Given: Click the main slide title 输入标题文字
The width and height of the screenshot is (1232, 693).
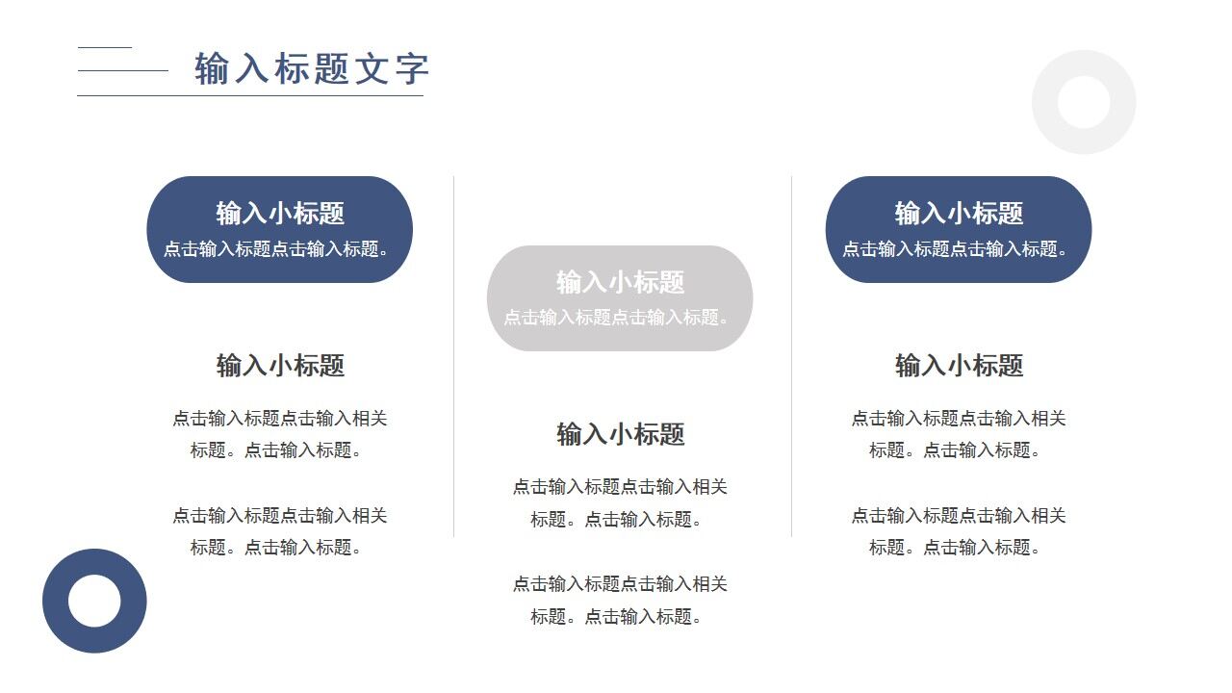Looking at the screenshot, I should coord(312,69).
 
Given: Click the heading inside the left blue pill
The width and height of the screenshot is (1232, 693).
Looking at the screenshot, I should coord(280,213).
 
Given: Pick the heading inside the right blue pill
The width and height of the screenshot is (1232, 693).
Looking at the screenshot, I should coord(959,213).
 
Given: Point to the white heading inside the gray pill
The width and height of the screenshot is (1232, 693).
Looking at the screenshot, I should coord(620,282).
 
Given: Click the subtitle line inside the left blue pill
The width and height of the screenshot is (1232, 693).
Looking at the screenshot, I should coord(279,249).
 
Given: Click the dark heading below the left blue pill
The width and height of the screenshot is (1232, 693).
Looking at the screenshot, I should coord(280,366).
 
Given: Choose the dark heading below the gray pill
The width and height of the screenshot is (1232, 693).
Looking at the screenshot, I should coord(620,434).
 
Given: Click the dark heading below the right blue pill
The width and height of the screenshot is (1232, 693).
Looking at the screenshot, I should coord(959,366).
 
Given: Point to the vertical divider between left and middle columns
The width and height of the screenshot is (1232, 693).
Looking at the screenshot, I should coord(454,356).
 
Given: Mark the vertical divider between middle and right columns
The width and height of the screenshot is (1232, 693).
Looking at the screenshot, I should coord(792,356).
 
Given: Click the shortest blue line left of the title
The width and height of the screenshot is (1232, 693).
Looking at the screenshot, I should coord(104,47).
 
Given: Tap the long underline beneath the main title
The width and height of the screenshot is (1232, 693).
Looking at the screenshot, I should coord(250,96).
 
